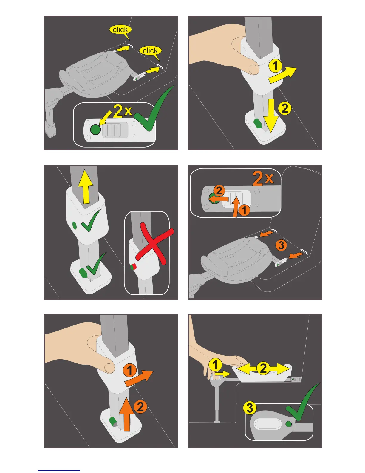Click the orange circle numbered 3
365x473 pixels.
tap(281, 245)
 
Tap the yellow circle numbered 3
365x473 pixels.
tap(250, 408)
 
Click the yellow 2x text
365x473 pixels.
tap(123, 111)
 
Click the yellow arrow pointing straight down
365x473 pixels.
tap(271, 116)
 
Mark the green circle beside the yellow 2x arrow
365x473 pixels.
tap(95, 130)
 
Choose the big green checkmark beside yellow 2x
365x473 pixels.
tap(153, 108)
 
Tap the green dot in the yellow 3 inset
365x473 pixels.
tap(288, 424)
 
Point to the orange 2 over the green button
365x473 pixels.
tap(219, 191)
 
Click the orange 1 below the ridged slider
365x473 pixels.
tap(244, 210)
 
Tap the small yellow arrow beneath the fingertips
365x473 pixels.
tap(223, 374)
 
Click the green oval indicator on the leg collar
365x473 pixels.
tap(74, 225)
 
